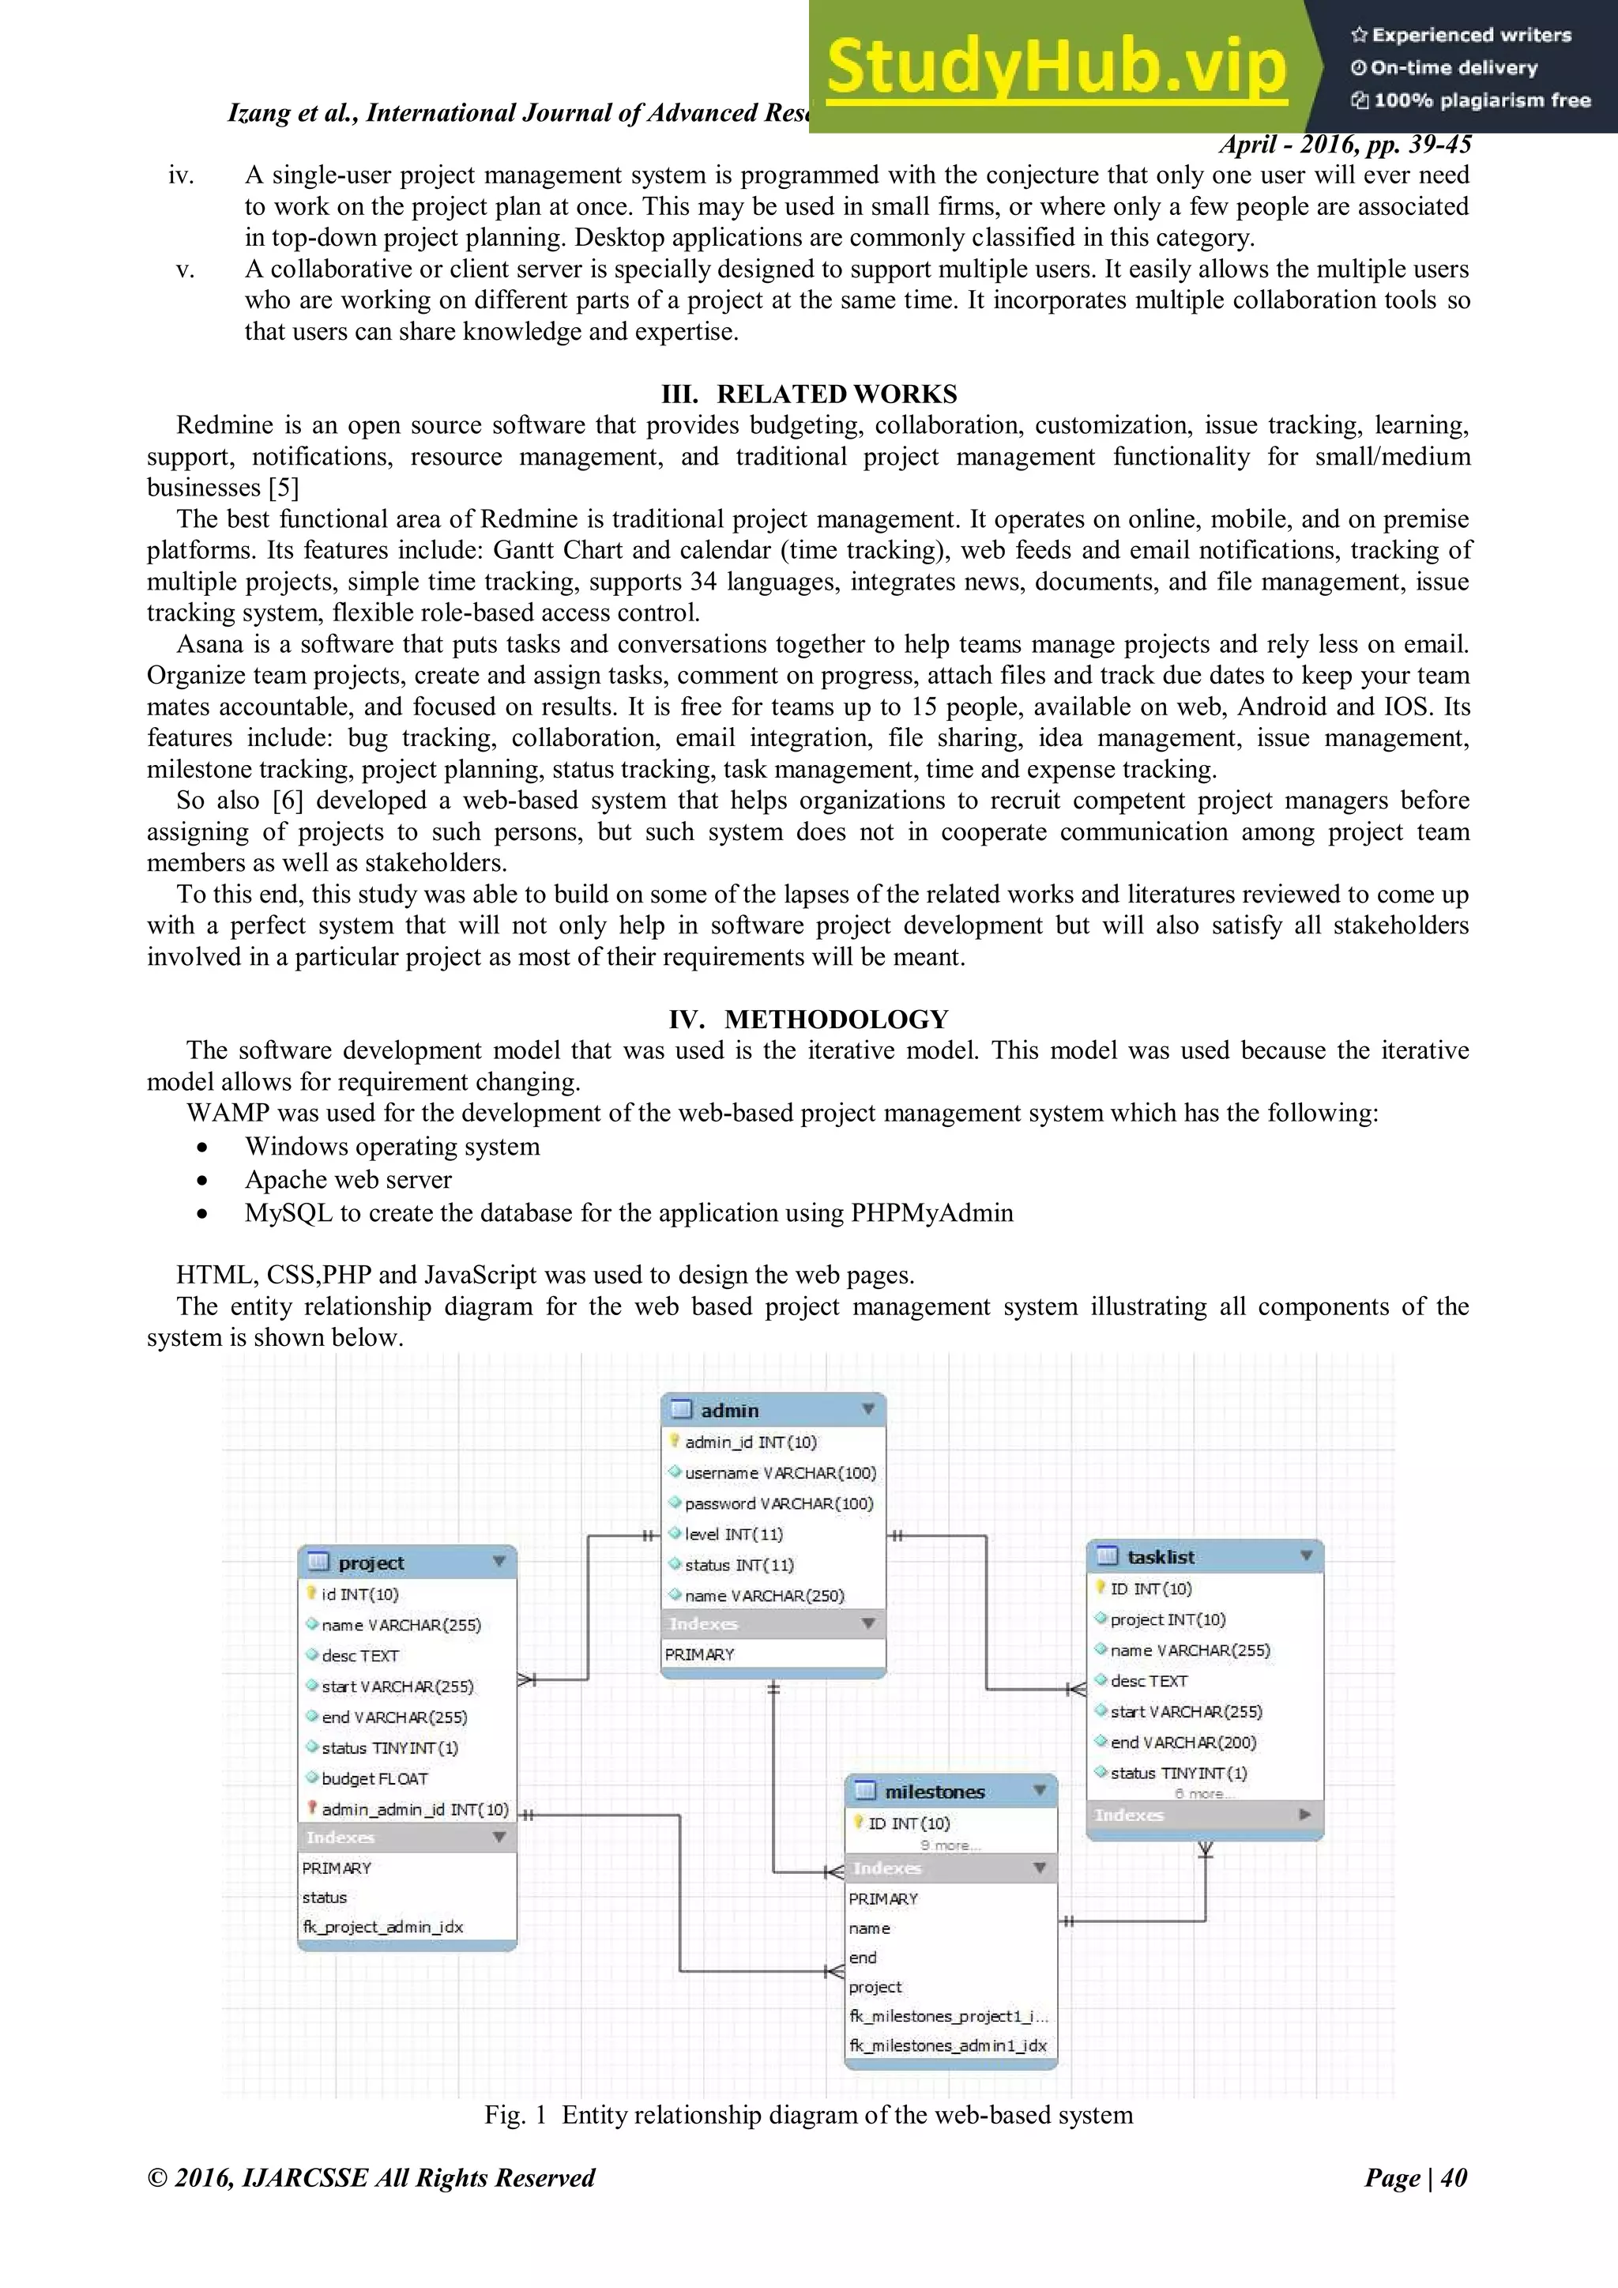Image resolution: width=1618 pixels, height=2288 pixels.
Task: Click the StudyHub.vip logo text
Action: [x=1056, y=66]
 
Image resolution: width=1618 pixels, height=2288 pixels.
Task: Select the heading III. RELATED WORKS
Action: [x=808, y=394]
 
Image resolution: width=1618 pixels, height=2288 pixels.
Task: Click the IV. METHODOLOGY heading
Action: [x=808, y=1019]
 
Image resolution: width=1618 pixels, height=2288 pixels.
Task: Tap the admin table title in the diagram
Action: [x=729, y=1410]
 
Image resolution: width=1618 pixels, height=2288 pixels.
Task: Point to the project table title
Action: [x=371, y=1562]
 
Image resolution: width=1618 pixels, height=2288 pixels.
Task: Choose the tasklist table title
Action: [x=1161, y=1557]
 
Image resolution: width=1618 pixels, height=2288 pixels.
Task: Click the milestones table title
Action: [x=935, y=1791]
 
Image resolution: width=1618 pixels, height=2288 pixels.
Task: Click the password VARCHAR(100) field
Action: [x=778, y=1504]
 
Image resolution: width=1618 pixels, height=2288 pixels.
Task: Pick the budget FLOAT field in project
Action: [x=374, y=1779]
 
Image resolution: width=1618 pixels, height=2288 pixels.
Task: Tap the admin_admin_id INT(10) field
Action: [x=415, y=1810]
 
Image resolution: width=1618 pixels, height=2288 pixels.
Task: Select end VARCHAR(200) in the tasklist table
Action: [x=1183, y=1742]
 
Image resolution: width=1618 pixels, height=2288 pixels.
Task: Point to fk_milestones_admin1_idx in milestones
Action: [x=947, y=2046]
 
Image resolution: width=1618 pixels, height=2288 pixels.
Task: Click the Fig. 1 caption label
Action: [x=515, y=2115]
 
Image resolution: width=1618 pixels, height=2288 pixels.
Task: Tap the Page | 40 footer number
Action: [x=1416, y=2177]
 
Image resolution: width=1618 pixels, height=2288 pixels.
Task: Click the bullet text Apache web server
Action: [x=348, y=1180]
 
